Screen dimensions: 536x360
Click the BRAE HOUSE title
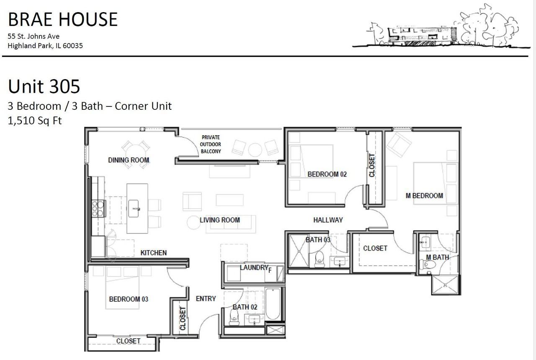click(x=63, y=19)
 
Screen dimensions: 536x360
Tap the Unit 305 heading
click(x=44, y=86)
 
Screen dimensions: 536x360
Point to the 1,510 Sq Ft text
click(x=35, y=120)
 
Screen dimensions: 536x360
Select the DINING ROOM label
click(x=129, y=160)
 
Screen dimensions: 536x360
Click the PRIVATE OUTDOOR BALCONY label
click(x=211, y=144)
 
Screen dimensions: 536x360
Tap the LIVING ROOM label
click(x=220, y=220)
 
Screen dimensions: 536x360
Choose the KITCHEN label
click(x=153, y=253)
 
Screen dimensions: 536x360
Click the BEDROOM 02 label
click(x=327, y=174)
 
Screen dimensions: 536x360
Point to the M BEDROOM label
click(x=424, y=196)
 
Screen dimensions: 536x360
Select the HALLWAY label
click(x=328, y=220)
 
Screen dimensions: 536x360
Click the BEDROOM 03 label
click(x=129, y=299)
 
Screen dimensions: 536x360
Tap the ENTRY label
click(x=206, y=298)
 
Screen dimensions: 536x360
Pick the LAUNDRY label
click(x=254, y=267)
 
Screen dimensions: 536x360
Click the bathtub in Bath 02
click(x=273, y=304)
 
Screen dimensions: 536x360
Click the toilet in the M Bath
click(x=428, y=265)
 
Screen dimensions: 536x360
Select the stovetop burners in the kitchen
click(x=98, y=208)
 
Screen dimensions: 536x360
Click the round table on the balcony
click(x=255, y=150)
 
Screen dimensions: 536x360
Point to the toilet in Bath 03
click(x=320, y=259)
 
